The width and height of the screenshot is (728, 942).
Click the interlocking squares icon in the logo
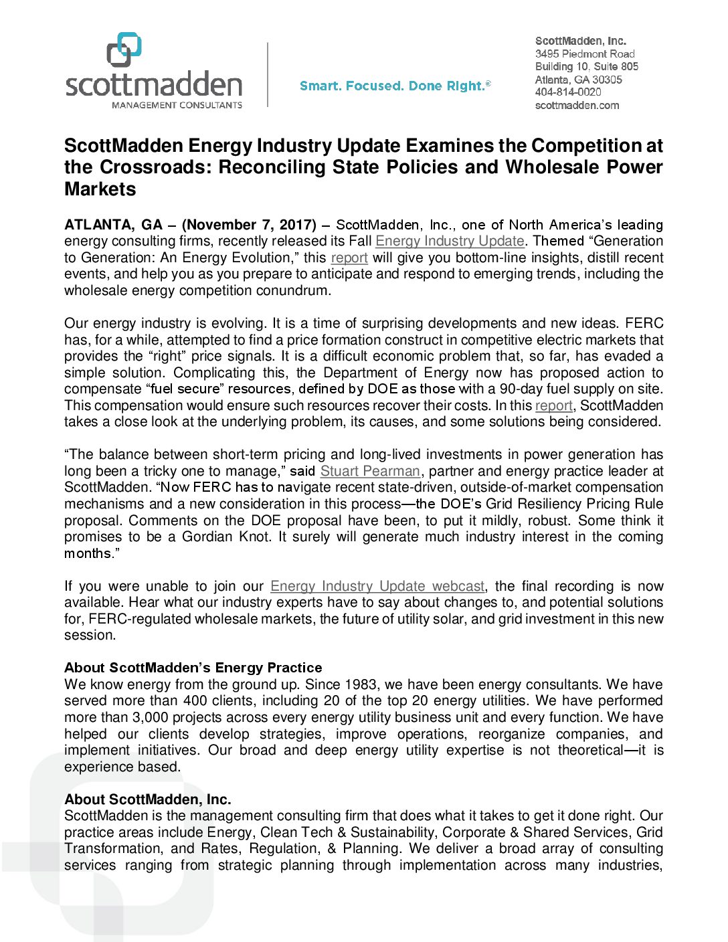pos(124,50)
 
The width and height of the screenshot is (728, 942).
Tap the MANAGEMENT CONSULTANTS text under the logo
pos(177,105)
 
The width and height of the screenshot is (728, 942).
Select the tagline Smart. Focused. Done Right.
pos(395,86)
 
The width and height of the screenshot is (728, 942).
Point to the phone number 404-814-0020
pos(568,92)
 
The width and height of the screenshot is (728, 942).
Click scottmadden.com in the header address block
pos(577,106)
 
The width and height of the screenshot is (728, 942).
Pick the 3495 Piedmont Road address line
pos(584,54)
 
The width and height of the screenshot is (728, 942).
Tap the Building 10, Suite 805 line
pos(586,66)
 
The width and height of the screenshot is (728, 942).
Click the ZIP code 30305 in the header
pos(607,80)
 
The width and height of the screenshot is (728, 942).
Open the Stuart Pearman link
pos(370,471)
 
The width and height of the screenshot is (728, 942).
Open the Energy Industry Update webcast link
pos(377,586)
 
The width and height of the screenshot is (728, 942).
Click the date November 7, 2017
pos(249,225)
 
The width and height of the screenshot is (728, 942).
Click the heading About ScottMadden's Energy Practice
pos(193,668)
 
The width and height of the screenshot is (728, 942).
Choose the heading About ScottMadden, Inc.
pos(147,799)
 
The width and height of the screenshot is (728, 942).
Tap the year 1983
pos(361,684)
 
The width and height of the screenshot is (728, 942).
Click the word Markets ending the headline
pos(100,189)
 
